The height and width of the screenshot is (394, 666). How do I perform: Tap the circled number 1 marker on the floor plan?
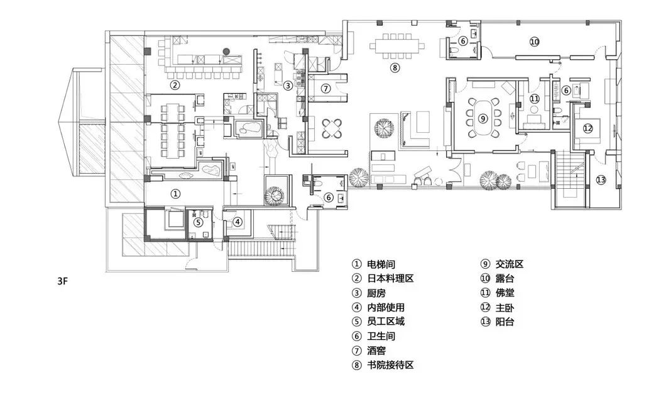176,194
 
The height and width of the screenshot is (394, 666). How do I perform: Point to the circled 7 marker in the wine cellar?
325,89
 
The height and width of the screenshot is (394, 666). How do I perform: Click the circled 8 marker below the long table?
395,67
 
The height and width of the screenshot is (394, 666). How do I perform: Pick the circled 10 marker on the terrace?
534,42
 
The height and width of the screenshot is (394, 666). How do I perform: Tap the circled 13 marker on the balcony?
601,180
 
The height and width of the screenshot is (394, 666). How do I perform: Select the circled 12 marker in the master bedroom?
587,128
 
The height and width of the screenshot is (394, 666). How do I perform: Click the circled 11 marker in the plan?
535,99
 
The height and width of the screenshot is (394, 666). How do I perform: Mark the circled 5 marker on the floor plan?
197,222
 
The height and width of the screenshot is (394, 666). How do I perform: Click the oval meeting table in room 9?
483,118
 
